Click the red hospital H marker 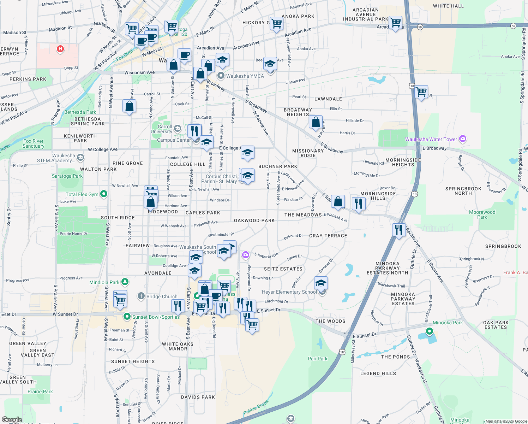60,48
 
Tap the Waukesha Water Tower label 431,139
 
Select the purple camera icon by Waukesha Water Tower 463,139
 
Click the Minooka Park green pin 429,331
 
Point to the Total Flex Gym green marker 103,194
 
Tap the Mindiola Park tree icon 125,282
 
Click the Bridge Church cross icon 141,296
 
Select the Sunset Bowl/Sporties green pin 127,317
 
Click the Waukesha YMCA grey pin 221,76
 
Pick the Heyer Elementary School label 289,292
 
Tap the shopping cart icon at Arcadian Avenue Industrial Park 396,22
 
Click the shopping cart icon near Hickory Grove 277,24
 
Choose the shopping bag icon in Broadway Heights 316,122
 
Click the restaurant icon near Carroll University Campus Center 194,131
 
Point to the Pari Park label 317,359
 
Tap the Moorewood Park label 482,214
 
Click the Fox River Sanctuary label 34,143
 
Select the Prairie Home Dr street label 73,234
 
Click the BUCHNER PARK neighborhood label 278,166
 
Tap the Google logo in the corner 12,420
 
